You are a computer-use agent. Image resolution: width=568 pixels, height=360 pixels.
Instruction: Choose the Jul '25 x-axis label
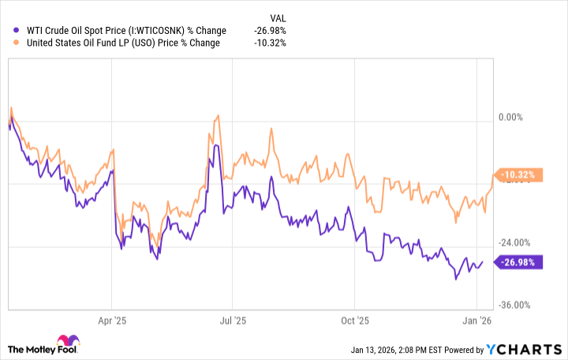233,321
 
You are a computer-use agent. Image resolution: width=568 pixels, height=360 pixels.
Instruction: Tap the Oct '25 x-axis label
355,321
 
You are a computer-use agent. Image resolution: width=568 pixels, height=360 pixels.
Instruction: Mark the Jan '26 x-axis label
477,321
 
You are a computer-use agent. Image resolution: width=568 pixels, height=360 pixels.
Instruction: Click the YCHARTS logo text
531,350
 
